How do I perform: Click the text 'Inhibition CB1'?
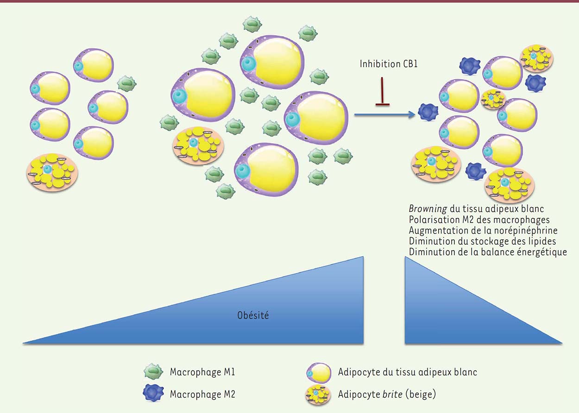[x=389, y=64]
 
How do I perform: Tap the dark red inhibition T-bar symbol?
[x=382, y=91]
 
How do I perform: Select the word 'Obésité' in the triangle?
[x=253, y=315]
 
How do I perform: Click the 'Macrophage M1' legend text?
[x=202, y=372]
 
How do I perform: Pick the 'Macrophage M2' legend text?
[x=202, y=394]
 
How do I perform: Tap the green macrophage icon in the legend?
[x=153, y=371]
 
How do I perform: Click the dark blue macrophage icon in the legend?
[x=153, y=393]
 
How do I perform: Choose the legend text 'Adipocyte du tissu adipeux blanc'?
[x=407, y=372]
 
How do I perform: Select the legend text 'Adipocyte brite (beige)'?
[x=387, y=394]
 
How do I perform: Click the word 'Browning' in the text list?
[x=428, y=209]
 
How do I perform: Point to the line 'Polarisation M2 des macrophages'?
[x=479, y=220]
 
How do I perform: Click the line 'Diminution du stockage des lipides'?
[x=482, y=241]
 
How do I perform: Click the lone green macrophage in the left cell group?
[x=126, y=83]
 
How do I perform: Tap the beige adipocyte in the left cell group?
[x=52, y=172]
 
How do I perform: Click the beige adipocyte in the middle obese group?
[x=198, y=146]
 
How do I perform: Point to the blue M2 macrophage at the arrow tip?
[x=428, y=112]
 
